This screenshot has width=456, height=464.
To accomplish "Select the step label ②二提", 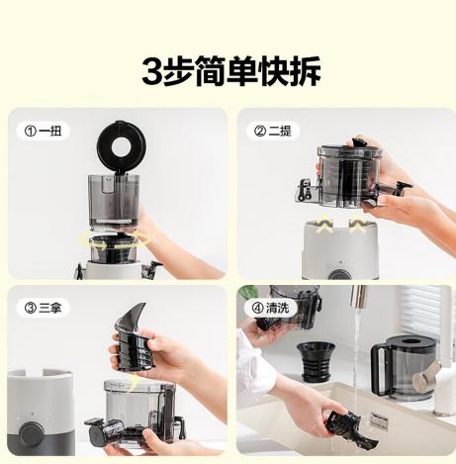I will tap(274, 130).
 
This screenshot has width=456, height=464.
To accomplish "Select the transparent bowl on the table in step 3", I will tap(138, 411).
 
